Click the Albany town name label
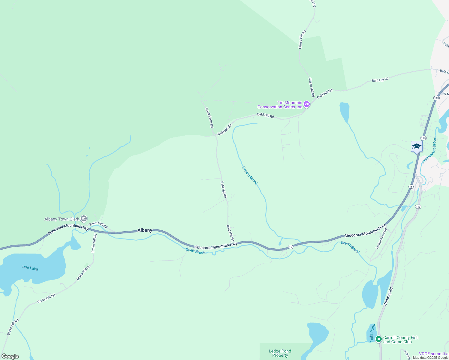pyautogui.click(x=145, y=230)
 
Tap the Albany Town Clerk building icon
pyautogui.click(x=84, y=219)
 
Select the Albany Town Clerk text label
pyautogui.click(x=62, y=219)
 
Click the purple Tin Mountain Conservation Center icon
pyautogui.click(x=306, y=104)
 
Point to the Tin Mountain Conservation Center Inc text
pyautogui.click(x=280, y=105)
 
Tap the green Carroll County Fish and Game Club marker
pyautogui.click(x=379, y=339)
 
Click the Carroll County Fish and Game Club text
pyautogui.click(x=401, y=340)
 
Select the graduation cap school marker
pyautogui.click(x=417, y=147)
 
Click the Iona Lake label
pyautogui.click(x=30, y=268)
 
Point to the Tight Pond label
pyautogui.click(x=372, y=333)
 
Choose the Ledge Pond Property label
pyautogui.click(x=280, y=353)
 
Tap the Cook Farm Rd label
pyautogui.click(x=209, y=118)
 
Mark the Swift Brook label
pyautogui.click(x=195, y=251)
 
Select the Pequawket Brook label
pyautogui.click(x=429, y=150)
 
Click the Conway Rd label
pyautogui.click(x=388, y=296)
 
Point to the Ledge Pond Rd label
pyautogui.click(x=381, y=238)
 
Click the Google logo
pyautogui.click(x=10, y=356)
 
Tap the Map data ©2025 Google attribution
pyautogui.click(x=430, y=358)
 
